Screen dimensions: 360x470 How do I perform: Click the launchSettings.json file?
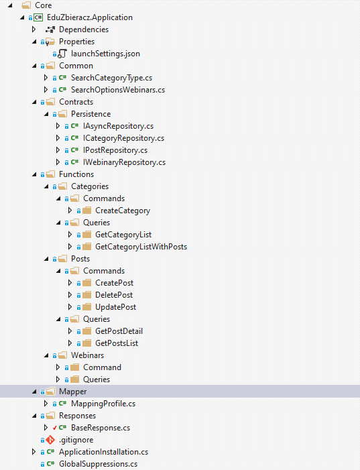tap(105, 54)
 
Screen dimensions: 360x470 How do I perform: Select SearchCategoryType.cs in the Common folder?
tap(111, 78)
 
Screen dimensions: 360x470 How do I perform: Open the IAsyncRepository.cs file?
tap(118, 126)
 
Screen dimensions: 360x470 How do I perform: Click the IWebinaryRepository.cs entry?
tap(124, 162)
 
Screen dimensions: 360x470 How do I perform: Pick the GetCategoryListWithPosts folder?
tap(141, 247)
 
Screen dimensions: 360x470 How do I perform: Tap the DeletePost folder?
tap(114, 295)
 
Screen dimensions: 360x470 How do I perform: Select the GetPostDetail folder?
tap(119, 331)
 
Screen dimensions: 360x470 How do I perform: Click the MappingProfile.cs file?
tap(103, 404)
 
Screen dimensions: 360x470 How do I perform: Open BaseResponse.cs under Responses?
tap(101, 428)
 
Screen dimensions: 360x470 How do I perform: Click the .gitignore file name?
tap(76, 440)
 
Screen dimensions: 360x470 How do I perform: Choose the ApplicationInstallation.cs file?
tap(103, 452)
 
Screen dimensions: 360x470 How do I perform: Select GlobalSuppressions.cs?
tap(98, 464)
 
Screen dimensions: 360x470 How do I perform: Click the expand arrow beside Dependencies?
tap(34, 30)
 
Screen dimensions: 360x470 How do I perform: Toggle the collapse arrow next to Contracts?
tap(34, 102)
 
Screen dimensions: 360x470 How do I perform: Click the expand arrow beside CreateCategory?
tap(70, 211)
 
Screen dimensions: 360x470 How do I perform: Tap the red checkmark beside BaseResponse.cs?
tap(54, 428)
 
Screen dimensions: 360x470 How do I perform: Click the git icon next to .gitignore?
tap(50, 440)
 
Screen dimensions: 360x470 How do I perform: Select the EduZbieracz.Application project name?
tap(90, 17)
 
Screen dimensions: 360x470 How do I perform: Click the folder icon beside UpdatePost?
tap(87, 307)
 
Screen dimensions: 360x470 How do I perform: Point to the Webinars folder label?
tap(88, 355)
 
